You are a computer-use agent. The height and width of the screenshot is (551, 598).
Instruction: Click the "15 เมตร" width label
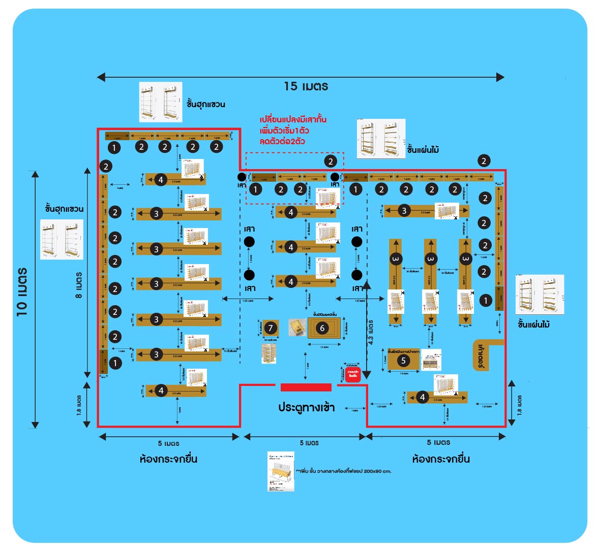306,86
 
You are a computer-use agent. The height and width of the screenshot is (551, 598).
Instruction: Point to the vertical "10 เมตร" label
22,291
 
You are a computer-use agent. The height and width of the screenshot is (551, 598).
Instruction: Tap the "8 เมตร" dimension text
79,284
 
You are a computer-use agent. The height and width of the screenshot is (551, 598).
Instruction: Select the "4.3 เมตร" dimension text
371,330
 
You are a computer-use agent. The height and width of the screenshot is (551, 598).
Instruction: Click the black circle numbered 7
270,328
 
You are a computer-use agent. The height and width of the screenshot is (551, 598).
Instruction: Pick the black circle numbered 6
322,328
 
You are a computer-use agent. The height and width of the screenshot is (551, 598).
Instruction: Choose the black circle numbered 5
403,361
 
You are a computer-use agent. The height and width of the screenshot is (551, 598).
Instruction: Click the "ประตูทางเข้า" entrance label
306,407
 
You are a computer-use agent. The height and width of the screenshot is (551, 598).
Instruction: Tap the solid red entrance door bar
306,387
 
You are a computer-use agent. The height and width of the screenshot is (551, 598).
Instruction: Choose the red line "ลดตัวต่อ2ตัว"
282,141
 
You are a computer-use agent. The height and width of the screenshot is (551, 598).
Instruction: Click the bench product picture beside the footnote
281,471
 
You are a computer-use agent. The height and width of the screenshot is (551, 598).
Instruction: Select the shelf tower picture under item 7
270,353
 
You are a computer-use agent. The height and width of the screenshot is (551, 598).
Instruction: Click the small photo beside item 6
297,327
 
